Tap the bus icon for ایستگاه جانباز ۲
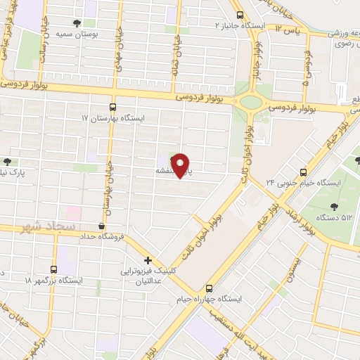[240, 15]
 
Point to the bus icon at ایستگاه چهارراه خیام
[209, 288]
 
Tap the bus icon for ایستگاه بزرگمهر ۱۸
[54, 269]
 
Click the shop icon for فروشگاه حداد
[103, 226]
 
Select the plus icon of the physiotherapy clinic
[148, 259]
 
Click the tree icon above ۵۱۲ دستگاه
[333, 205]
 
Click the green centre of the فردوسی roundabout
[250, 102]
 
